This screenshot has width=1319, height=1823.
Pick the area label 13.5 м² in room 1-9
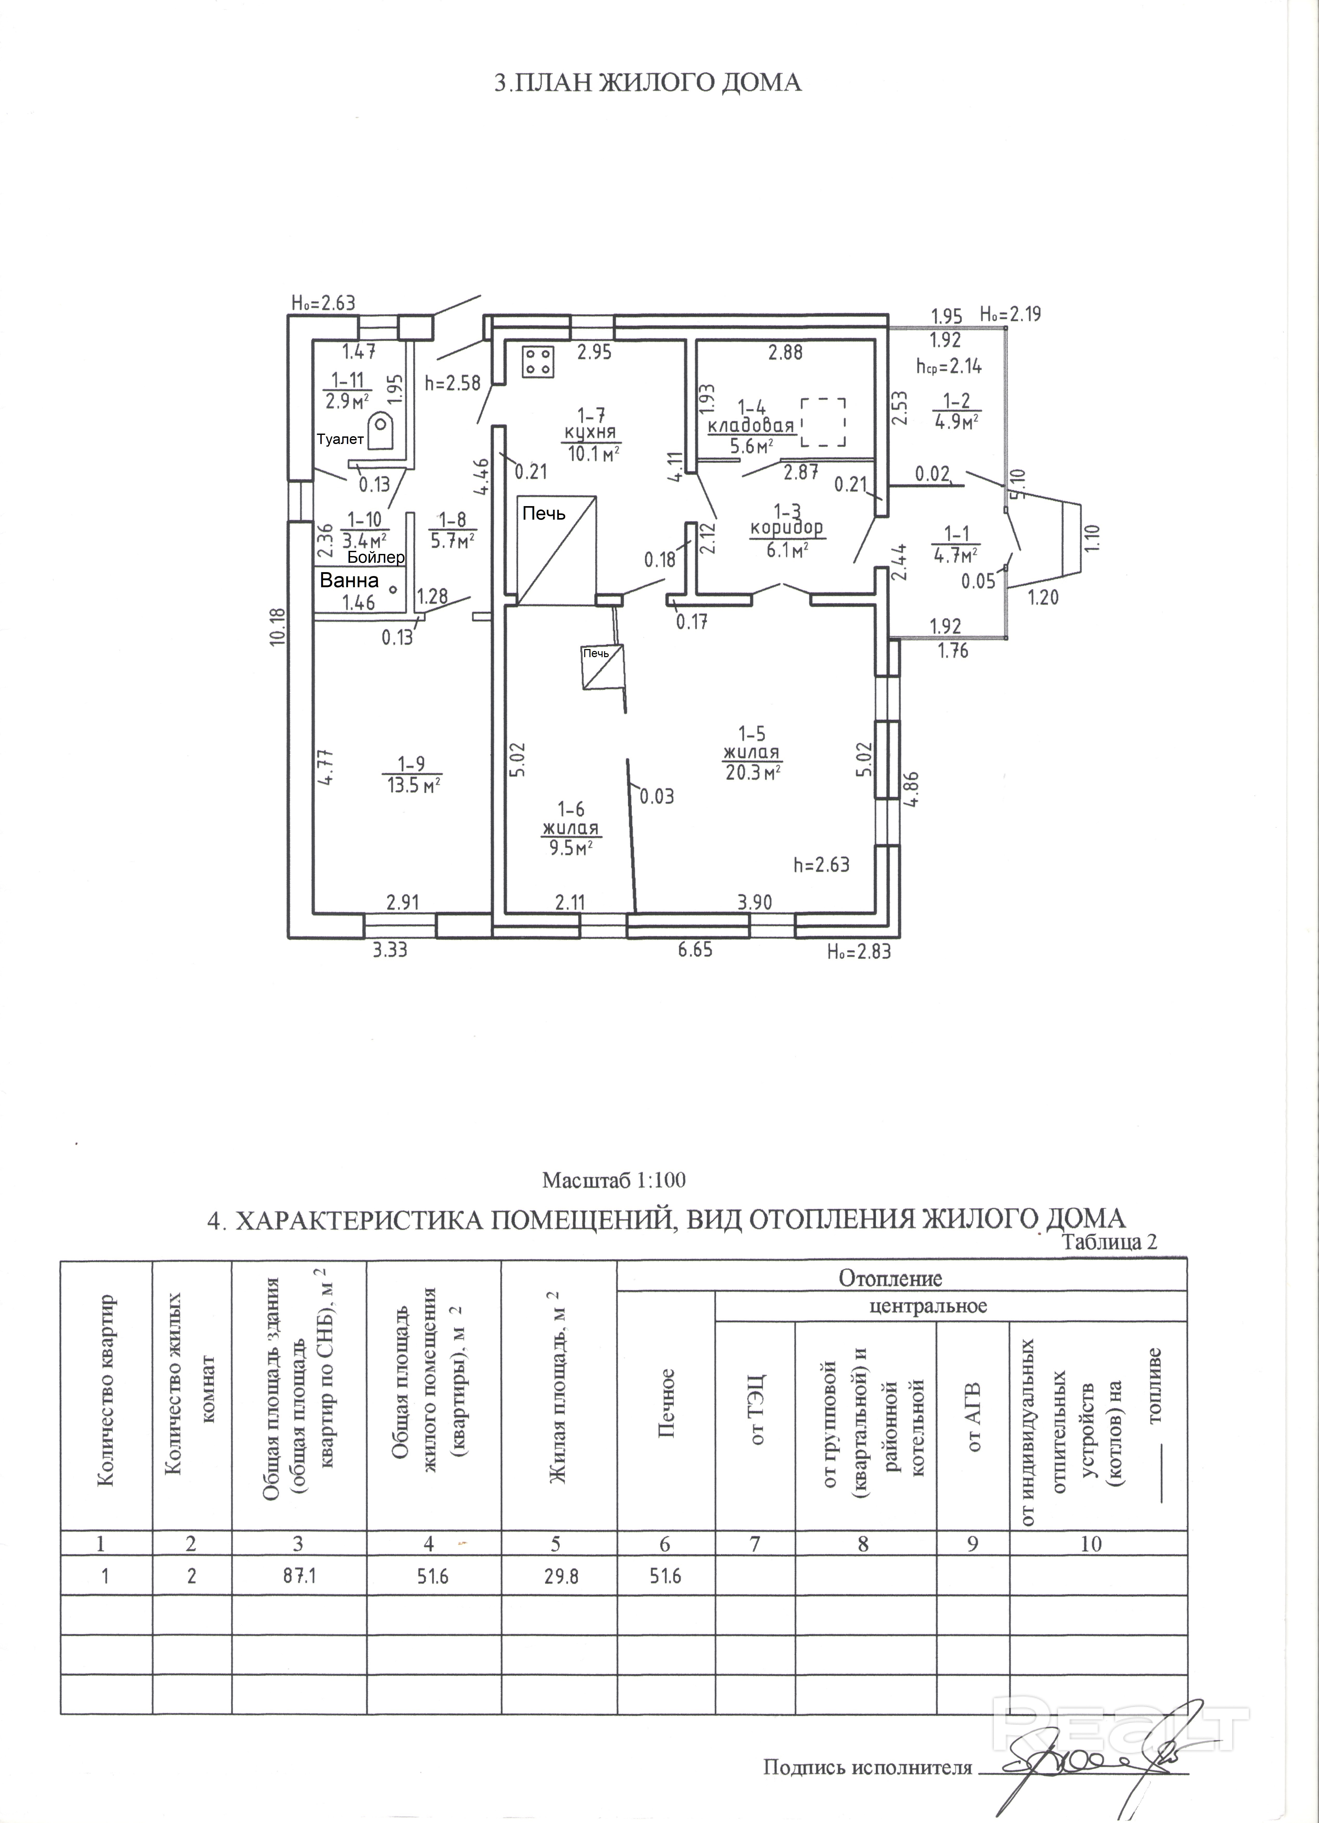point(413,785)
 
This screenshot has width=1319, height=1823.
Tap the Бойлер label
point(376,557)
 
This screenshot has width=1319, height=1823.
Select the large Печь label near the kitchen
point(545,513)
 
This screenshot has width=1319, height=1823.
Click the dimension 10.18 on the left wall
point(278,626)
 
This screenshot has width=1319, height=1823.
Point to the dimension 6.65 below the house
point(695,950)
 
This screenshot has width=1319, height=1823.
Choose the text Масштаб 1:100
point(614,1180)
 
